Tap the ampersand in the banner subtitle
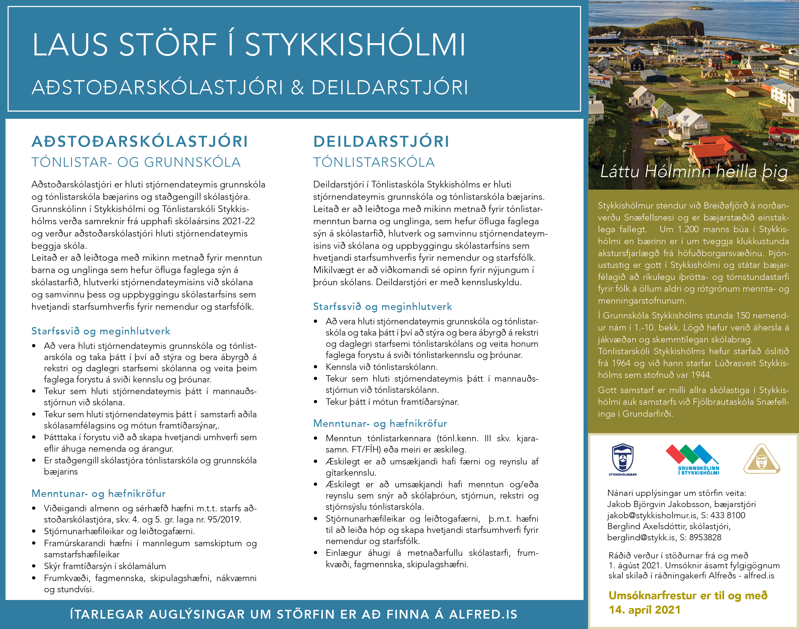[297, 88]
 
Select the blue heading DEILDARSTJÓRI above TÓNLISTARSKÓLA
[381, 141]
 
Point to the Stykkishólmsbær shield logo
[622, 459]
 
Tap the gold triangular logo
[761, 459]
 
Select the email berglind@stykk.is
[641, 537]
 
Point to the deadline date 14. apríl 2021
[644, 610]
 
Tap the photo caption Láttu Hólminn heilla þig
[694, 171]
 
